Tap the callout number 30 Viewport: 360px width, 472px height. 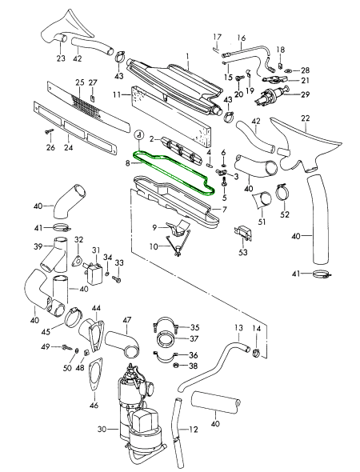pyautogui.click(x=102, y=429)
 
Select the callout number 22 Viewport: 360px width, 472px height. pyautogui.click(x=305, y=118)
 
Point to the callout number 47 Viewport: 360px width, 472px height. pyautogui.click(x=127, y=320)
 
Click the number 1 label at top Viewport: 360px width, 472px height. pyautogui.click(x=187, y=56)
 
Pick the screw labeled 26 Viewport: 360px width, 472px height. pyautogui.click(x=49, y=131)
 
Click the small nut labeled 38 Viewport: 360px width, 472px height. pyautogui.click(x=177, y=365)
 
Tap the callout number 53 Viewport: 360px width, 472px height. pyautogui.click(x=242, y=251)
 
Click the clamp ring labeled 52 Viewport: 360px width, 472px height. pyautogui.click(x=282, y=192)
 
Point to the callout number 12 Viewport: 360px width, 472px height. pyautogui.click(x=194, y=430)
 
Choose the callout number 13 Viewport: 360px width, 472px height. pyautogui.click(x=238, y=327)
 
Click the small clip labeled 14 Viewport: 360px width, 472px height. pyautogui.click(x=257, y=352)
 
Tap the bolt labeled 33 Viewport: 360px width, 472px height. pyautogui.click(x=117, y=278)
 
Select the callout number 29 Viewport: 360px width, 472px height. pyautogui.click(x=305, y=94)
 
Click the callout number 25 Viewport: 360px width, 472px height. pyautogui.click(x=80, y=82)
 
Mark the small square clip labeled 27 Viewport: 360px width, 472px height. pyautogui.click(x=93, y=98)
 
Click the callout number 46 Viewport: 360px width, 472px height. pyautogui.click(x=94, y=405)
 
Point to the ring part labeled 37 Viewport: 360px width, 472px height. pyautogui.click(x=166, y=339)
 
